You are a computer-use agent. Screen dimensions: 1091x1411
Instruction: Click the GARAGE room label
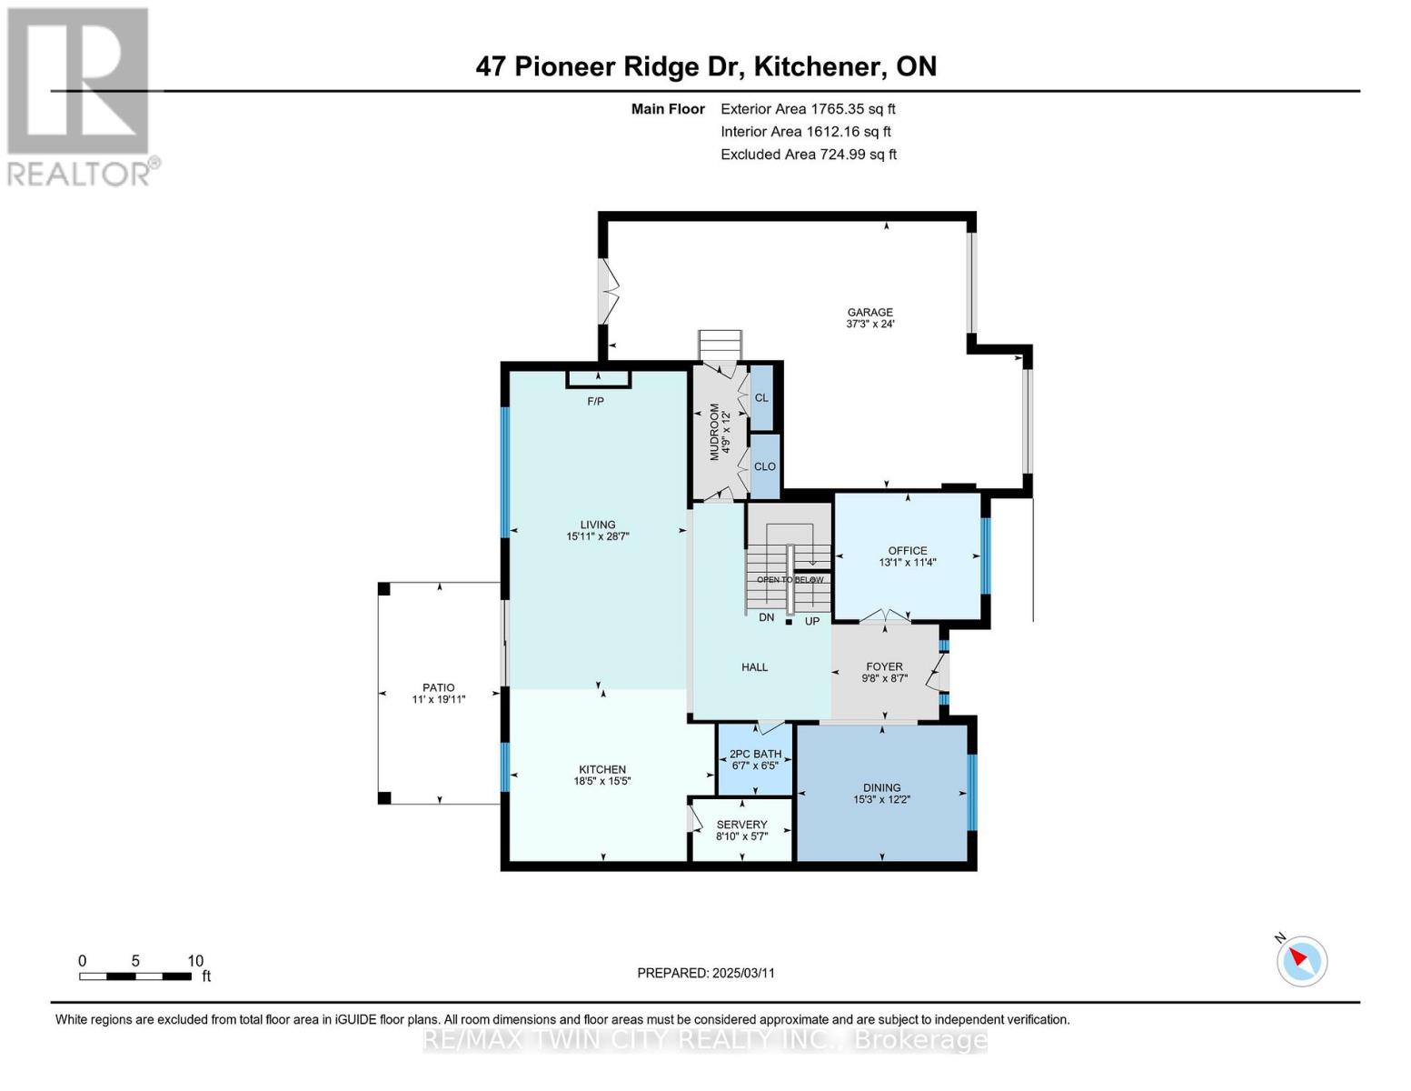click(869, 312)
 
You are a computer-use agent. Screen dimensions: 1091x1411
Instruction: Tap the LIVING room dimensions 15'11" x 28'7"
click(597, 536)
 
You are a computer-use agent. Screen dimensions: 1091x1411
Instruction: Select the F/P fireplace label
click(595, 401)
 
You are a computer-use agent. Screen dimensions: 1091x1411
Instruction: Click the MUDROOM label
click(714, 432)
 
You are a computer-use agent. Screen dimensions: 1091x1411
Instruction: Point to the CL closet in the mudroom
click(761, 397)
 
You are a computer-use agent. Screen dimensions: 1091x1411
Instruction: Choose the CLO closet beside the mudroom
click(764, 466)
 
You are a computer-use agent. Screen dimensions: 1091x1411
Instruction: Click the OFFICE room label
click(907, 550)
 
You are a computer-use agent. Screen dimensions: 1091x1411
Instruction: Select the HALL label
click(754, 667)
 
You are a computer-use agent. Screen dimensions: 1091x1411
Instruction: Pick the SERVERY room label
click(741, 825)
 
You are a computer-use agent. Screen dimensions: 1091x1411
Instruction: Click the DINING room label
click(881, 787)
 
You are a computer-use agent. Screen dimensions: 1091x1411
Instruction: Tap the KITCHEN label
click(601, 769)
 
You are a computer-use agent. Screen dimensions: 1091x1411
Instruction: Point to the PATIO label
click(438, 687)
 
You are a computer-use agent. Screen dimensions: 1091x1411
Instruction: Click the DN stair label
click(766, 617)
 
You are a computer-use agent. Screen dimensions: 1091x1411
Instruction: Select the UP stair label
click(811, 621)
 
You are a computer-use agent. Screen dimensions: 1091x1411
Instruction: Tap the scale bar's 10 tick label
click(195, 961)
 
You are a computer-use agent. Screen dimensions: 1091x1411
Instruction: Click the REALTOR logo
click(80, 95)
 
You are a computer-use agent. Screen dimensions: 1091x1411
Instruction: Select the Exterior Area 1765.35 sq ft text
click(808, 108)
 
